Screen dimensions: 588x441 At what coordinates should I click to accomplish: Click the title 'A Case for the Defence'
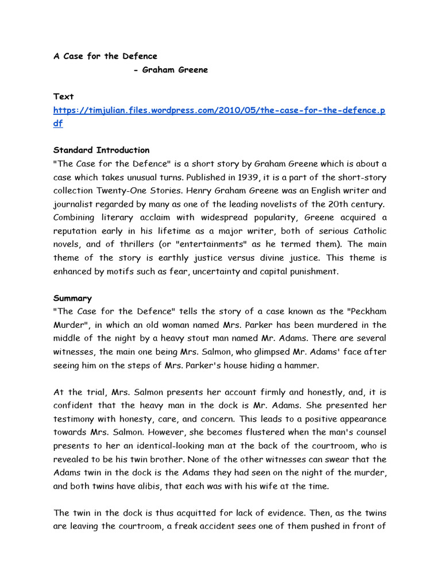[x=105, y=56]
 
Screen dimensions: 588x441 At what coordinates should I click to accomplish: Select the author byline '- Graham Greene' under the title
[x=170, y=70]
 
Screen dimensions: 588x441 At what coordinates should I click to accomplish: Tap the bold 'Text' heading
[x=63, y=96]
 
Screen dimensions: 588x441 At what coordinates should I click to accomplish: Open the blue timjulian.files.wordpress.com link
[x=219, y=110]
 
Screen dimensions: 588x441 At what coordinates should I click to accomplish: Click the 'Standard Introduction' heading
[x=101, y=150]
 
